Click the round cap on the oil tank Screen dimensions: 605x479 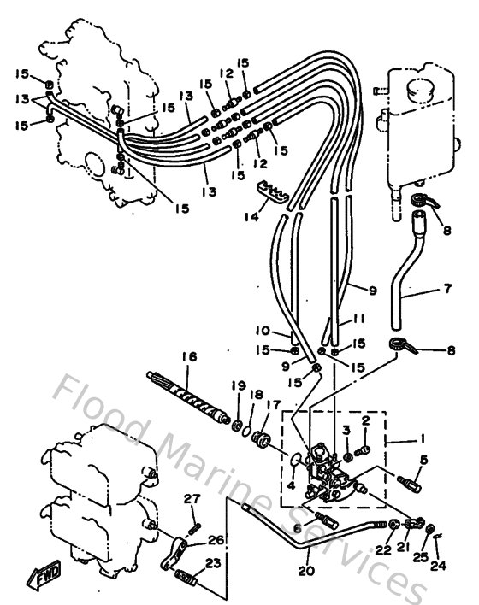pyautogui.click(x=420, y=91)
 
